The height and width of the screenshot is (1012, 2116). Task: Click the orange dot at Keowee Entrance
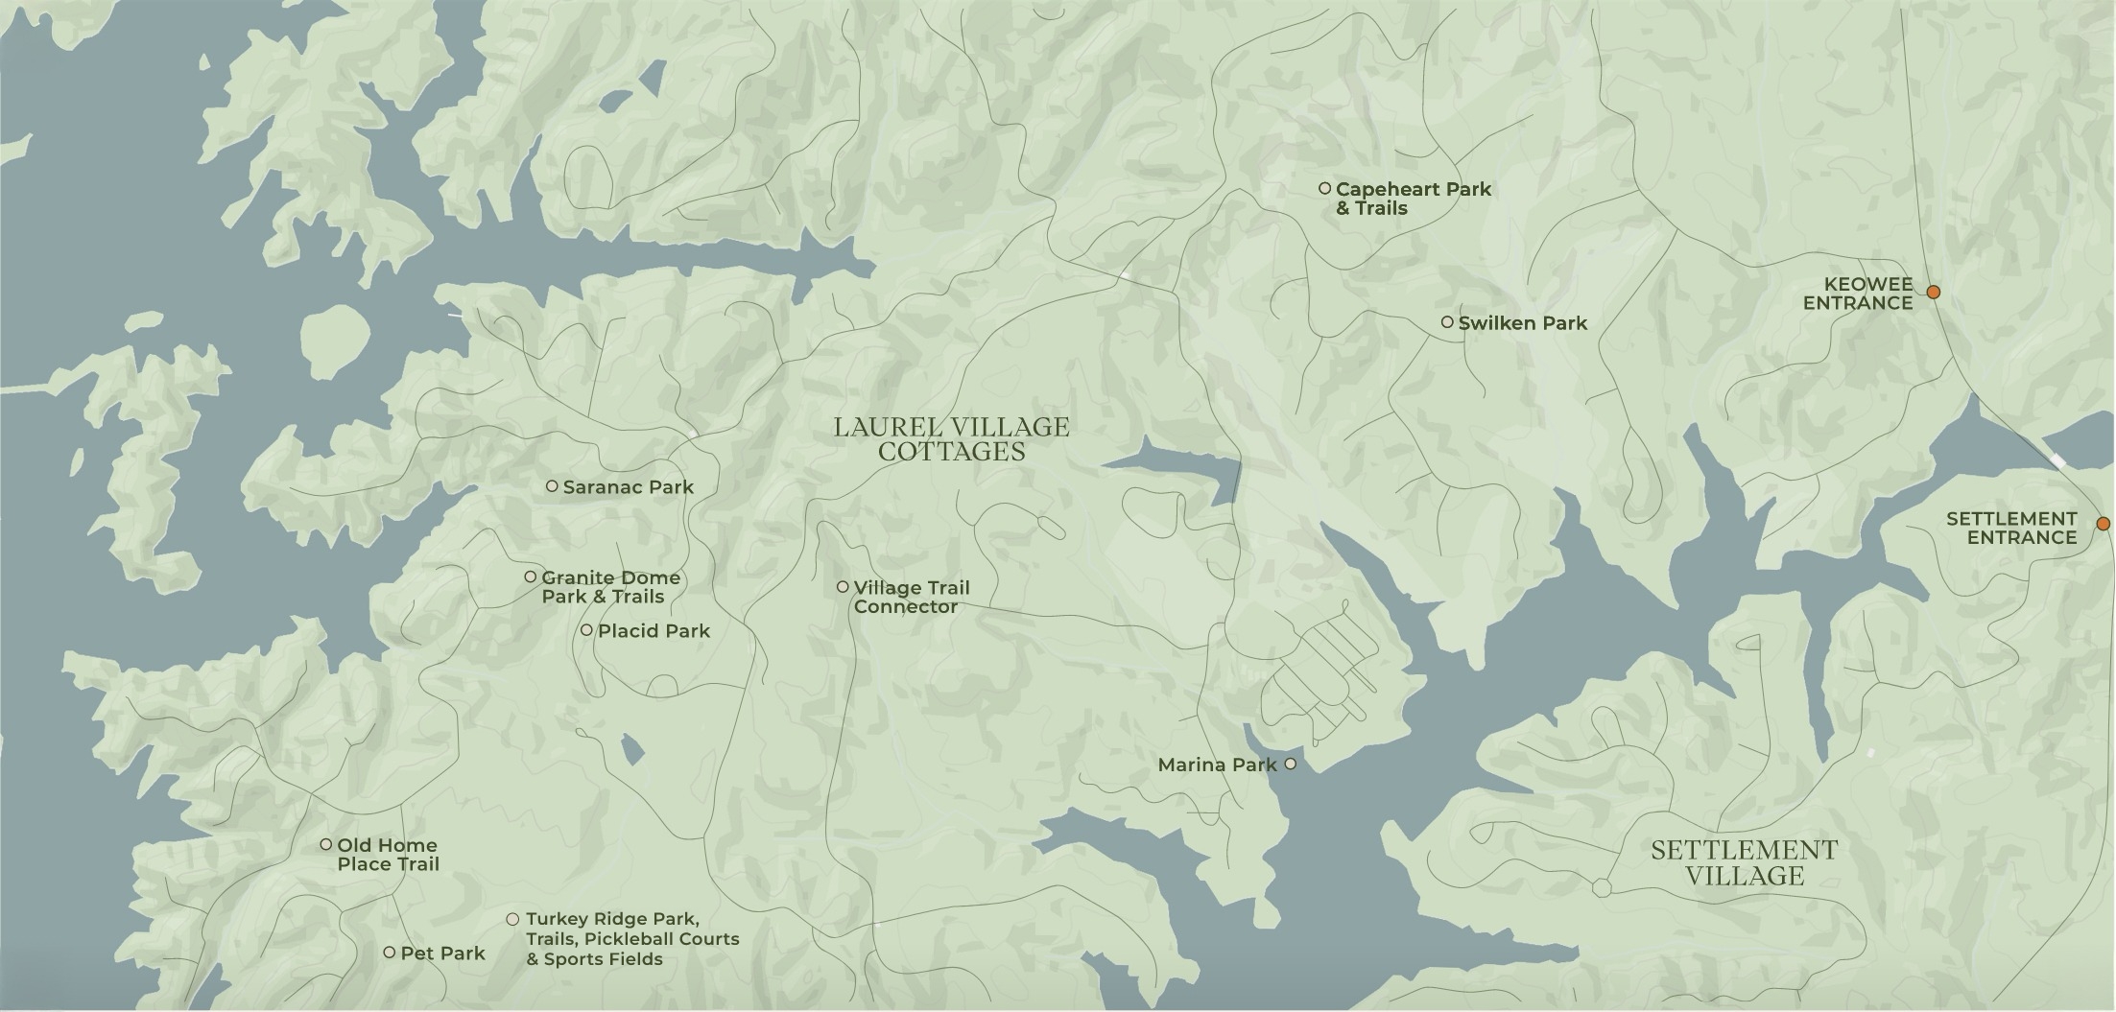1934,292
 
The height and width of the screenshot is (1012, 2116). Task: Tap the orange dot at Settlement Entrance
2103,524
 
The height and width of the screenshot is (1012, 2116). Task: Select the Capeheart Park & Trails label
1413,199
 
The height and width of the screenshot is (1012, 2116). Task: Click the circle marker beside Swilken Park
1447,322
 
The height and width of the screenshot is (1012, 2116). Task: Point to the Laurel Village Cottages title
951,439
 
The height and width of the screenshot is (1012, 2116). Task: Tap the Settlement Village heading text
1744,863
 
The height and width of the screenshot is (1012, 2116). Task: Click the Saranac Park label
628,487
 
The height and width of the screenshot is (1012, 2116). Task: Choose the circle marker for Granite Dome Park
530,577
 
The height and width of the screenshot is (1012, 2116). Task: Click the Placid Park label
654,631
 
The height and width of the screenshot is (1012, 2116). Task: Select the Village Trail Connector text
911,597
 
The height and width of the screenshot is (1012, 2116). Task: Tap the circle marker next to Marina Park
1291,764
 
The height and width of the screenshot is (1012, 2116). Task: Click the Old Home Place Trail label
388,855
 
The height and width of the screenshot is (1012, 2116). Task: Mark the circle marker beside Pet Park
389,953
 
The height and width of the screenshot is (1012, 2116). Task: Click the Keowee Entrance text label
1857,294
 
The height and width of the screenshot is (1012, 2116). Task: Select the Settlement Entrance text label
2011,528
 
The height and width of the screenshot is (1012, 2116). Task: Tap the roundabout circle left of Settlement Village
1602,888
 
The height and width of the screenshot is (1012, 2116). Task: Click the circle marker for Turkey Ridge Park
512,919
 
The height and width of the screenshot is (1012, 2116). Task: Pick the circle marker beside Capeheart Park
1324,188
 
